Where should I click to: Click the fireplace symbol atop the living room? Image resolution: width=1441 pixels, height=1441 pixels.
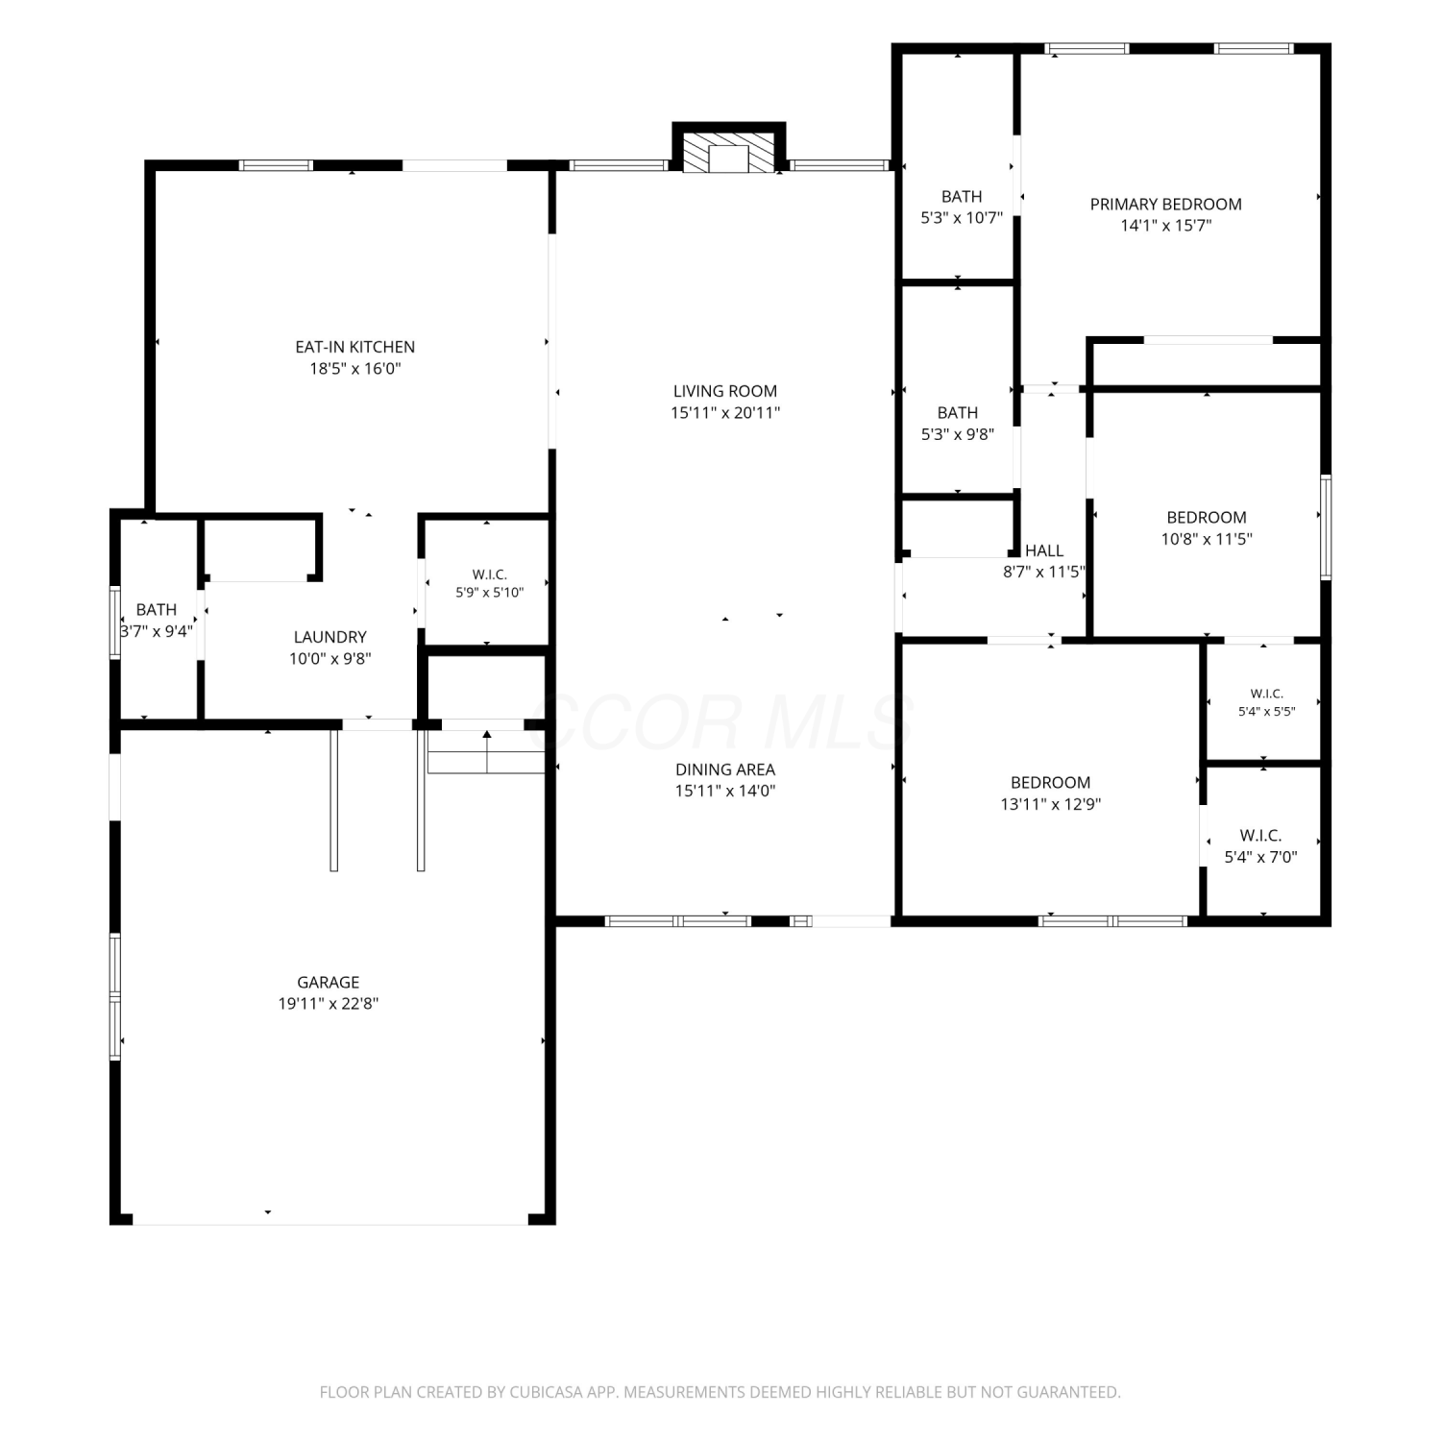(728, 152)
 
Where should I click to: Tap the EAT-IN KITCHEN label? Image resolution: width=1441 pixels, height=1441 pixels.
(355, 347)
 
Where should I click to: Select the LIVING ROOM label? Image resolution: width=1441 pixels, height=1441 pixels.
(725, 391)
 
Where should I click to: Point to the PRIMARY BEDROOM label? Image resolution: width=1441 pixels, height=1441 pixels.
(1165, 204)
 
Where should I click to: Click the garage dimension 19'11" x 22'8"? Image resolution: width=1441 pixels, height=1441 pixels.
(329, 1004)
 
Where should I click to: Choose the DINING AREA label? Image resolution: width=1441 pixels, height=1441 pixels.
(725, 769)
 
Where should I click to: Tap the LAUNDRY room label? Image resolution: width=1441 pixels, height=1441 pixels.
(330, 637)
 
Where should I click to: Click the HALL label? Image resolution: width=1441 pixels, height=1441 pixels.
(1044, 550)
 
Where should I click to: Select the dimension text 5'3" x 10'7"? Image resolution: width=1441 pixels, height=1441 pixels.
(962, 218)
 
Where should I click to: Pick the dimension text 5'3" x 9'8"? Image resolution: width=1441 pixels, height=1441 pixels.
(958, 434)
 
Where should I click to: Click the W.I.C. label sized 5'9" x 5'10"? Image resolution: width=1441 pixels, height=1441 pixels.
(490, 574)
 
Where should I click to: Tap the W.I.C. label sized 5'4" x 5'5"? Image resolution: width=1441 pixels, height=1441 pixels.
(1267, 694)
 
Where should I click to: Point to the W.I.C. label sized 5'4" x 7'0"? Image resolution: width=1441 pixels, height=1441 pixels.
(1260, 836)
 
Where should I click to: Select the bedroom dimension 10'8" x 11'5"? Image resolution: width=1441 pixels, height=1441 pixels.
(1207, 539)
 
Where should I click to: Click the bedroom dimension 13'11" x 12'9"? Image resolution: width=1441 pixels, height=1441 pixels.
(1050, 804)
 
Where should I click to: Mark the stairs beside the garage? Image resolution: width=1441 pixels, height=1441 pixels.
(487, 751)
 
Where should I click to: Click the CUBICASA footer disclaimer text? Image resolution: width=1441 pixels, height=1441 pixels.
(720, 1392)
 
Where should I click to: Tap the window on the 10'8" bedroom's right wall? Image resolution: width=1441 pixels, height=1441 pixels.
(1326, 526)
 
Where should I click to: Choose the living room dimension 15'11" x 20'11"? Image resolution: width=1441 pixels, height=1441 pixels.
(725, 413)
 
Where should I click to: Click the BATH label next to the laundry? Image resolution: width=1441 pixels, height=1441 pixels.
(157, 610)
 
